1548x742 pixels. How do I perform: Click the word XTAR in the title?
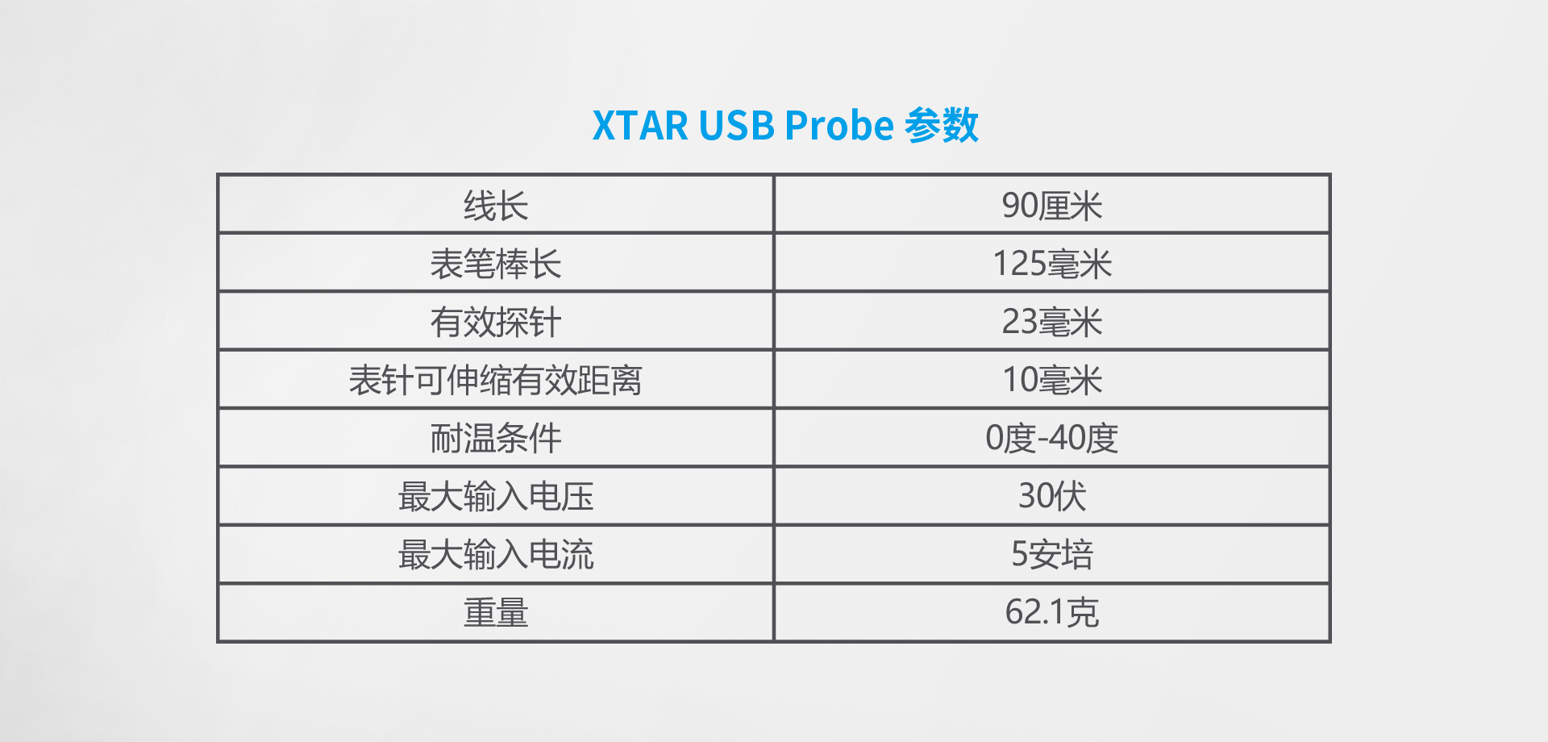click(x=640, y=126)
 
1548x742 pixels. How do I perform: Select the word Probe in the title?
click(x=839, y=126)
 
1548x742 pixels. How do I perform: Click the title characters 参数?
click(x=942, y=126)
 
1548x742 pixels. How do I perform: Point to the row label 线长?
click(x=496, y=206)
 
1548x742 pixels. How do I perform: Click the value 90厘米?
click(x=1052, y=206)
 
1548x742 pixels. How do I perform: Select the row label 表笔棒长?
click(x=496, y=264)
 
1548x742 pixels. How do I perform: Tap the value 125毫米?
click(x=1052, y=264)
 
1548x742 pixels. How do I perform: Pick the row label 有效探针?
click(x=496, y=322)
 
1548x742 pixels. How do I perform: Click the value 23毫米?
click(x=1052, y=322)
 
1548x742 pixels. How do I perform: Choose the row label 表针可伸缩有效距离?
click(x=496, y=380)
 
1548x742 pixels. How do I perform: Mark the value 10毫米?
click(x=1052, y=380)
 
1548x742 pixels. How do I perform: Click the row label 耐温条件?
click(x=496, y=438)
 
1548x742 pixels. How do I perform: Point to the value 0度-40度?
click(x=1052, y=438)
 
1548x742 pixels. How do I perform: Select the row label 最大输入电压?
click(x=496, y=496)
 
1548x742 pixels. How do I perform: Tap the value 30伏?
click(x=1052, y=496)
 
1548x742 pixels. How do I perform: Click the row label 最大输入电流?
click(x=496, y=554)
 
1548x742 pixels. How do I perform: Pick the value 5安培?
click(x=1052, y=554)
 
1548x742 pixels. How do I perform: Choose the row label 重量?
click(x=496, y=612)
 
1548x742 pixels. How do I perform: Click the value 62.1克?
click(x=1052, y=612)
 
